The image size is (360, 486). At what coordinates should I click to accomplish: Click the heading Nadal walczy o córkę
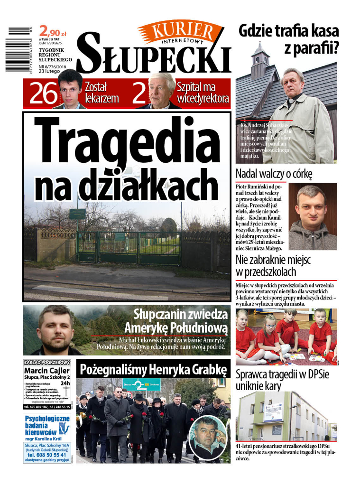click(274, 174)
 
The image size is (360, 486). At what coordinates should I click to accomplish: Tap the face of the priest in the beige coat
click(294, 83)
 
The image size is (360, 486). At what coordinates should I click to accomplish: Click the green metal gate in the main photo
click(128, 247)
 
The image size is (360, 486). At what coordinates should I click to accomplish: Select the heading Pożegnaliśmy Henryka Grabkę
click(153, 370)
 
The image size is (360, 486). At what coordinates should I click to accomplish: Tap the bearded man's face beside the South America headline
click(55, 327)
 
